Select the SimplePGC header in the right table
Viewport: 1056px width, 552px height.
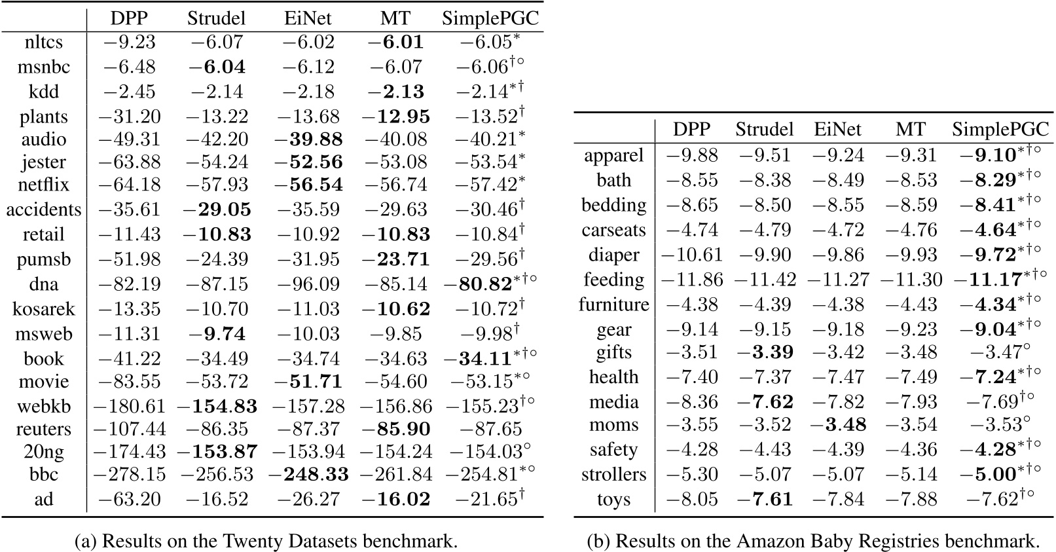pos(1000,130)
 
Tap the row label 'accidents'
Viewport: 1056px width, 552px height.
pos(44,210)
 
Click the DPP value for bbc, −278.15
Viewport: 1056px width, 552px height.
pos(129,474)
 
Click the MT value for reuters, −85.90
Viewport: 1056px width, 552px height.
pos(396,430)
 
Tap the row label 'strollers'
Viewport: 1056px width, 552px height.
pos(613,474)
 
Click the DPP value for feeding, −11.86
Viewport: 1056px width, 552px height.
pos(692,280)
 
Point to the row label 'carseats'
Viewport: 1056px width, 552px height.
pos(613,230)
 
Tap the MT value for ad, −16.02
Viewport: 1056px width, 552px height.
pos(396,500)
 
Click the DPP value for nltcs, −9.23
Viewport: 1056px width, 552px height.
pos(129,43)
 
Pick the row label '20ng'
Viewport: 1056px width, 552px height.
pos(44,451)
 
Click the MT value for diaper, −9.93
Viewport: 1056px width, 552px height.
pos(911,255)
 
